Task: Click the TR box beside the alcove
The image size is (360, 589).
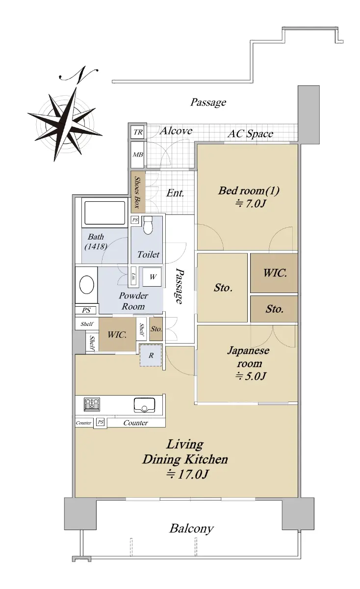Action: pyautogui.click(x=137, y=132)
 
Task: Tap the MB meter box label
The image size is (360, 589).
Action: pyautogui.click(x=138, y=155)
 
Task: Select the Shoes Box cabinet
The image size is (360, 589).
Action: pyautogui.click(x=138, y=192)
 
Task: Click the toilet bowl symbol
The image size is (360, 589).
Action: pyautogui.click(x=148, y=225)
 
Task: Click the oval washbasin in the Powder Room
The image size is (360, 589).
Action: pyautogui.click(x=87, y=285)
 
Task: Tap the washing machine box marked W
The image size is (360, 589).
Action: pyautogui.click(x=152, y=277)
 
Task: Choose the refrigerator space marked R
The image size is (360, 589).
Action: pyautogui.click(x=151, y=355)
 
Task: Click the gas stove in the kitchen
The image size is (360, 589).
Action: pyautogui.click(x=92, y=404)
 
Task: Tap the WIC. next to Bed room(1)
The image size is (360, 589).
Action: pyautogui.click(x=274, y=273)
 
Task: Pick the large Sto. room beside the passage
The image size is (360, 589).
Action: pyautogui.click(x=222, y=288)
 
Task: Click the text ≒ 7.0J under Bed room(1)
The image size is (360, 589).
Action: pyautogui.click(x=251, y=204)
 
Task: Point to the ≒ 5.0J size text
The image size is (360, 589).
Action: pyautogui.click(x=251, y=376)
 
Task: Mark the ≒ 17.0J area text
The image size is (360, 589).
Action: pyautogui.click(x=187, y=474)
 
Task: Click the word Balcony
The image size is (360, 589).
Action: pyautogui.click(x=191, y=529)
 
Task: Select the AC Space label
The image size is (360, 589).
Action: pyautogui.click(x=250, y=134)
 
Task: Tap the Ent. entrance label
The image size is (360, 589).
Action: pyautogui.click(x=175, y=193)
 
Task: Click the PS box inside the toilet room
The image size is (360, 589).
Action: pyautogui.click(x=135, y=219)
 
